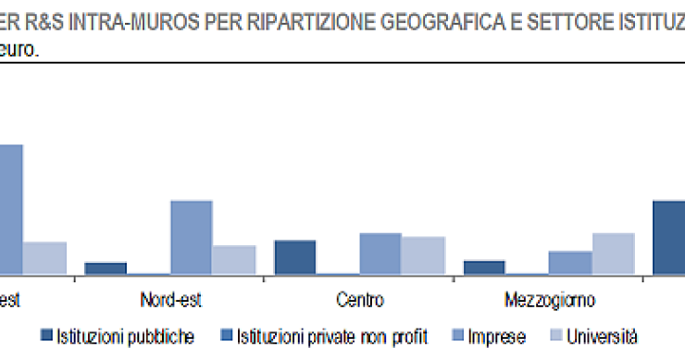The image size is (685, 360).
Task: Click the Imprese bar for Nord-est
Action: point(191,237)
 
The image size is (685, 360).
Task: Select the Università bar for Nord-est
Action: point(233,260)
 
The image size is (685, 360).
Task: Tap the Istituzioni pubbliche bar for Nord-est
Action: point(106,268)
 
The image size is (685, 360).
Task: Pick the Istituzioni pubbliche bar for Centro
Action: point(295,257)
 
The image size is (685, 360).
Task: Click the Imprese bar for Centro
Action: point(380,254)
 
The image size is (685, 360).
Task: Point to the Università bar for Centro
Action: point(423,255)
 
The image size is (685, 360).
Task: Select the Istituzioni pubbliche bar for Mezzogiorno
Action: point(484,267)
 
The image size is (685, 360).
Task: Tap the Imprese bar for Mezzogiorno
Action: point(569,263)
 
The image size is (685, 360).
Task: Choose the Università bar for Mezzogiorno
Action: point(612,254)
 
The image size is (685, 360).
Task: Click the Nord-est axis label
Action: point(170,300)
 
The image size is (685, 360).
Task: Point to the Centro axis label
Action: point(359,300)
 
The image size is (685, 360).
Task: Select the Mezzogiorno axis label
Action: point(550,300)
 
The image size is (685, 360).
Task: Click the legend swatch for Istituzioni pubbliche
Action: point(44,335)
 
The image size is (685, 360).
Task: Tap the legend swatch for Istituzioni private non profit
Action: point(227,335)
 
